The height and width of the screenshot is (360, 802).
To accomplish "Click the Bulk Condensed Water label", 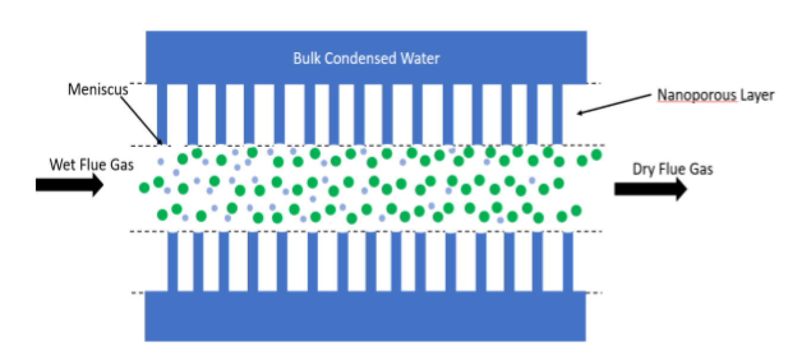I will coord(367,59).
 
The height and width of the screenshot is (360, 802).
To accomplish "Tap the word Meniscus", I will coord(91,90).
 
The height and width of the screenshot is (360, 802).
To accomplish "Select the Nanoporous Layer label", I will coord(715,95).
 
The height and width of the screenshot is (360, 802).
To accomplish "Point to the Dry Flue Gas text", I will coord(672,169).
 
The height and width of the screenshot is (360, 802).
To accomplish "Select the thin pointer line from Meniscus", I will coord(143,119).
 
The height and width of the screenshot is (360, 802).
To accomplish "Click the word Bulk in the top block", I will coord(305,59).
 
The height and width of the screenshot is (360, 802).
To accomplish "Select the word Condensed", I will coord(361,59).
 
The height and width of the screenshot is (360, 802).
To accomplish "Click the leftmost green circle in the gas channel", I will coord(144,188).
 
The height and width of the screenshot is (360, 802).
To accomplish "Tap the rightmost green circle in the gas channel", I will coord(596,154).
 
